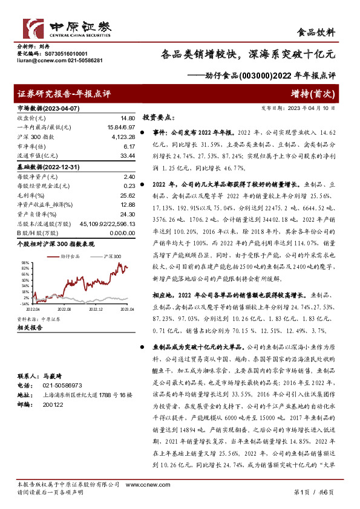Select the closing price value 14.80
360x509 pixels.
pos(126,118)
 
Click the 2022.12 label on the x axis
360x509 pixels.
pos(96,308)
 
